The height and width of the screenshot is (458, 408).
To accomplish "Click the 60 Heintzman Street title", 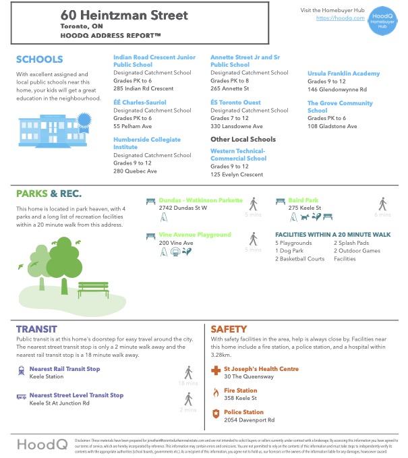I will coord(124,15).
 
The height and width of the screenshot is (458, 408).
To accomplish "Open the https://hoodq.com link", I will coord(336,18).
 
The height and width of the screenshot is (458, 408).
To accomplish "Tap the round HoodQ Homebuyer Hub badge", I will coord(382,20).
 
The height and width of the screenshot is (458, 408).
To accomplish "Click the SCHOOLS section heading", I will coord(39,59).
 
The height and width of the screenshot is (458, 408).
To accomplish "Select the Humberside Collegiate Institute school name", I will coord(142,143).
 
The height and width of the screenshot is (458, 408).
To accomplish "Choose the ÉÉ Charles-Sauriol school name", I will coord(140,103).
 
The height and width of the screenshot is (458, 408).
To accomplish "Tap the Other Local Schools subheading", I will coord(243,140).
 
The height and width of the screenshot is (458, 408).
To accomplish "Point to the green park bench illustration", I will coord(93,289).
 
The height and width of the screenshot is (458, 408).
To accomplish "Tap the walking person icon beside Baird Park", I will coord(382,204).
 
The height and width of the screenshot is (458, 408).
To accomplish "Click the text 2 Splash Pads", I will coord(351,243).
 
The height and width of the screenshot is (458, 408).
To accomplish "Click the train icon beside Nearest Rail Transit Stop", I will coord(22,370).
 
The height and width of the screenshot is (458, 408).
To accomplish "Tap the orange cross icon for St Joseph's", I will coord(216,370).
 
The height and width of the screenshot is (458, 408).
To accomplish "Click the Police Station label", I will coord(244,412).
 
